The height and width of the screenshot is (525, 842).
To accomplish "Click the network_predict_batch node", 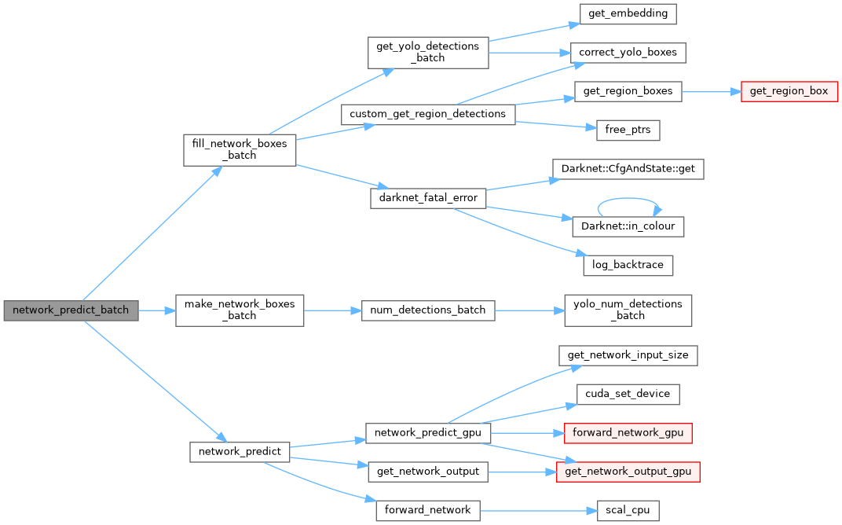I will click(x=71, y=310).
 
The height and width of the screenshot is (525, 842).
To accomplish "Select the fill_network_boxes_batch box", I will click(x=240, y=149).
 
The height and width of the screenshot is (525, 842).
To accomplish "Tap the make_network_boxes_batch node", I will click(x=240, y=310).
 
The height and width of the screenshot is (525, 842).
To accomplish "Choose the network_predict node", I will click(x=240, y=452).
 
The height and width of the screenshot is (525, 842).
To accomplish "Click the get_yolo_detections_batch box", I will click(x=427, y=52).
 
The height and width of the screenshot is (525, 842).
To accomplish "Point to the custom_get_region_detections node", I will click(x=427, y=114).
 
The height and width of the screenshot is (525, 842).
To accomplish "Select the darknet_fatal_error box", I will click(x=427, y=197).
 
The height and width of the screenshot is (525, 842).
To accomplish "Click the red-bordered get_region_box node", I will click(x=789, y=91).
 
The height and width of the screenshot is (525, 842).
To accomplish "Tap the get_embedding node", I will click(x=628, y=14).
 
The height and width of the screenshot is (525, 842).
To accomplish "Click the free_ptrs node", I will click(x=628, y=130).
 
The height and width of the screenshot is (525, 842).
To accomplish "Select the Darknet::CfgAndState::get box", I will click(x=628, y=168).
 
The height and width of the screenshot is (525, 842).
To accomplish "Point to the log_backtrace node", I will click(x=628, y=265).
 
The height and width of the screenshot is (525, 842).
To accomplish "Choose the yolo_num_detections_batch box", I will click(x=628, y=310).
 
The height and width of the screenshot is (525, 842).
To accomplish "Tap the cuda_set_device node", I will click(x=628, y=394).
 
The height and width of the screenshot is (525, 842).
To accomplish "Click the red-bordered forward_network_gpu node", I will click(x=628, y=432).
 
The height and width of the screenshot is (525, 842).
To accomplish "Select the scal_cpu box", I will click(x=628, y=510).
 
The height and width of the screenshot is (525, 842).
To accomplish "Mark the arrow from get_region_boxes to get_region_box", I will click(x=711, y=91).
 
